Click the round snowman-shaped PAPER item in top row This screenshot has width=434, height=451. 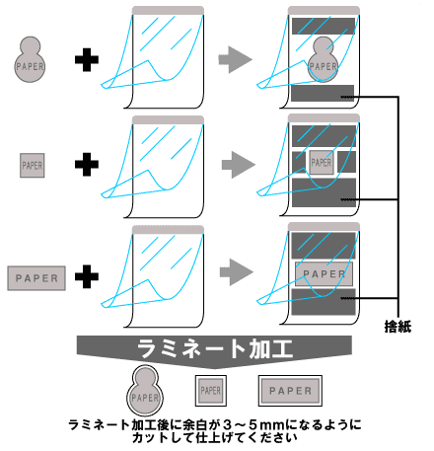point(32,60)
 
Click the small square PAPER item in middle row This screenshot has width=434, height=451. point(33,166)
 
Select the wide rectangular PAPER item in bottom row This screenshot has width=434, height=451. point(36,278)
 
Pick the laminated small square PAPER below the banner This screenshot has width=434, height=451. point(210,391)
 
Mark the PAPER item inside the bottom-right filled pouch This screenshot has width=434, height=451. point(323,273)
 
